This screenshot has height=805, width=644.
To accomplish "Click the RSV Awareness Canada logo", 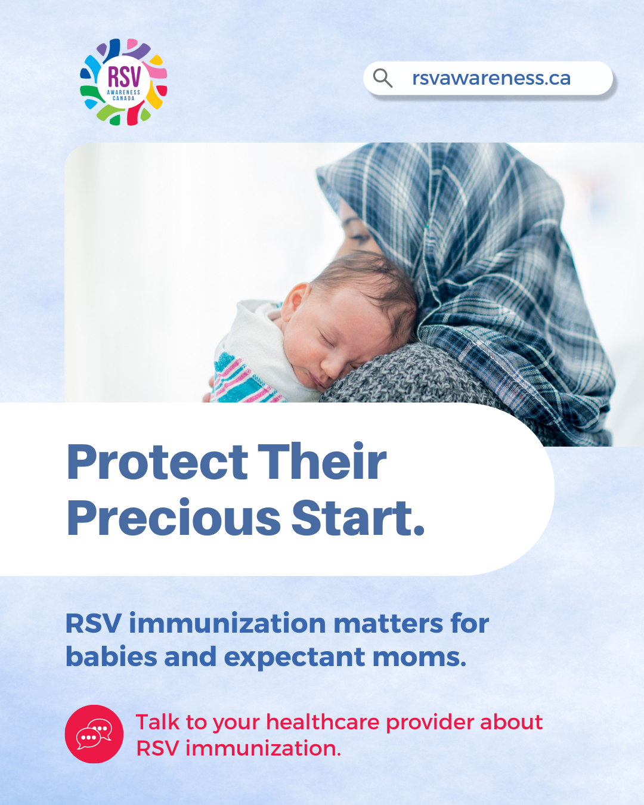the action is pos(123,82).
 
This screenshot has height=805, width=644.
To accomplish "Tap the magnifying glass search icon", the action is pos(382,78).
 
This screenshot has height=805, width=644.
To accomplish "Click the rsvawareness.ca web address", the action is pos(491,78).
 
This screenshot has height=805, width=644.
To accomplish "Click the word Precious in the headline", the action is pos(174,518).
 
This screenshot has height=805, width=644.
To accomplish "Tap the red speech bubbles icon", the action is pos(94,734).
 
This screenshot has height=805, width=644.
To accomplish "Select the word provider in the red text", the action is pos(430,723).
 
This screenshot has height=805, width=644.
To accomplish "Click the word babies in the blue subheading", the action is pos(111,657).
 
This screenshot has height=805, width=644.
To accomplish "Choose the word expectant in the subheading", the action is pos(295,658).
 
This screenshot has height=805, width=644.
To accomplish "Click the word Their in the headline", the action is pos(322,461).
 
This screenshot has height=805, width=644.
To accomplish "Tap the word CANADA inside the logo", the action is pos(123,98).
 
